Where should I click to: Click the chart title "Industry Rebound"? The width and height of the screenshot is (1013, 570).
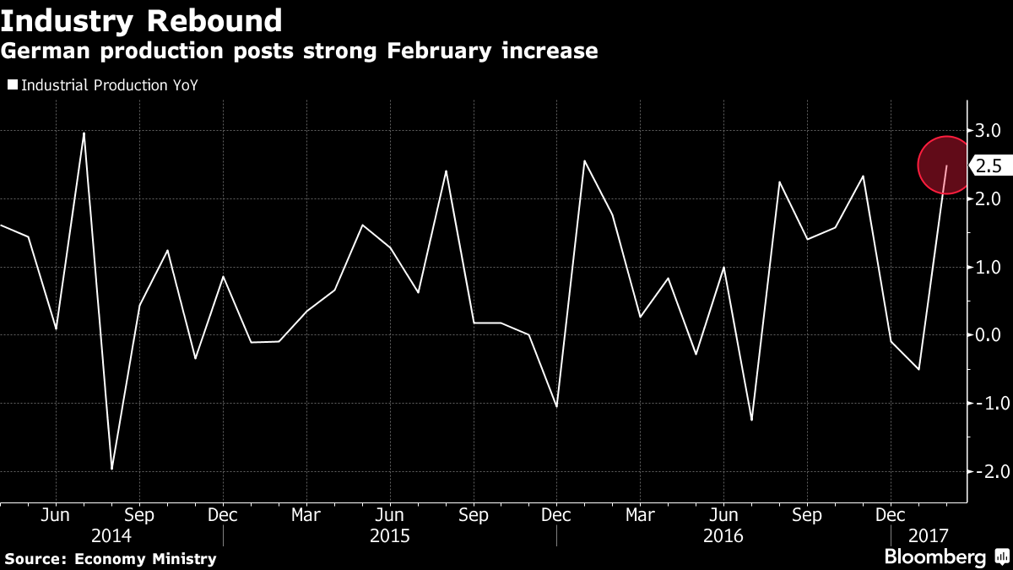[141, 19]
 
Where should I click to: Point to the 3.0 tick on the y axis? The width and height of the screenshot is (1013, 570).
[989, 131]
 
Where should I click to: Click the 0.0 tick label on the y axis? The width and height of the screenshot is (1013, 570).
[989, 335]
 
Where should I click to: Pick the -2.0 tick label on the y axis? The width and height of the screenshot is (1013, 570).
[986, 471]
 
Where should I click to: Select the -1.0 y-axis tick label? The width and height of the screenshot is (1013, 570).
[986, 403]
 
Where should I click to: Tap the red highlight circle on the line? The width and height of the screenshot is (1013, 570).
[946, 166]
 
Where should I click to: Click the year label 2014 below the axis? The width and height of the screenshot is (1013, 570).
[111, 536]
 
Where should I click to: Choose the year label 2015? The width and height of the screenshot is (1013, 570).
[390, 536]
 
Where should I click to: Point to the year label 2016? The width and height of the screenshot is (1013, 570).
[723, 536]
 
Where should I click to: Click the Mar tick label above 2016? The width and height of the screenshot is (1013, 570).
[641, 514]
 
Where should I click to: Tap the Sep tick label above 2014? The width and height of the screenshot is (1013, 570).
[139, 514]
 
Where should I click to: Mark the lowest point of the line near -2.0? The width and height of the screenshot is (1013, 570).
[111, 469]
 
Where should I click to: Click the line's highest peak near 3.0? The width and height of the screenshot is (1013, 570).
[84, 133]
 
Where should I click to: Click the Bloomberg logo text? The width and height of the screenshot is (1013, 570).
[934, 557]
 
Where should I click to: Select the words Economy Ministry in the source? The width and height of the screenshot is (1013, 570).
[145, 558]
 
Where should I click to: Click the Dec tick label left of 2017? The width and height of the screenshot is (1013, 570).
[891, 514]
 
